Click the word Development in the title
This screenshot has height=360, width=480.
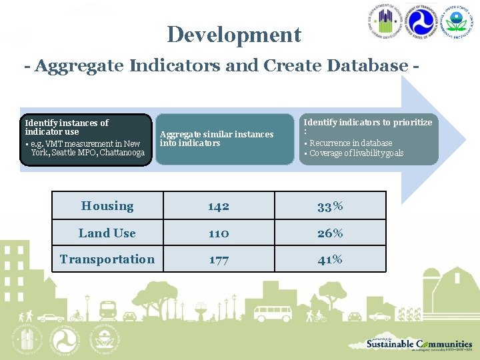click(234, 35)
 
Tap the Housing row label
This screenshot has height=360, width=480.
click(107, 206)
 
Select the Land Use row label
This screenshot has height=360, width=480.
click(107, 233)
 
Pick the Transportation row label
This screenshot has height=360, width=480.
click(107, 259)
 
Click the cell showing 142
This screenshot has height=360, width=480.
click(218, 207)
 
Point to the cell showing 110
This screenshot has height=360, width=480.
click(218, 233)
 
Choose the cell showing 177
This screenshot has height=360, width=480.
click(218, 260)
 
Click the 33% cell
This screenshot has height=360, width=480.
click(330, 207)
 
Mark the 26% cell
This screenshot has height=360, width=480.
click(330, 233)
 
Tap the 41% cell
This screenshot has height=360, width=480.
click(330, 260)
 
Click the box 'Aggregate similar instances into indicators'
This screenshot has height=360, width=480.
click(217, 139)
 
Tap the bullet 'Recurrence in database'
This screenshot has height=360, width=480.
click(351, 143)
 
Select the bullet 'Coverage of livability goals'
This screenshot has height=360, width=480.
click(357, 153)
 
